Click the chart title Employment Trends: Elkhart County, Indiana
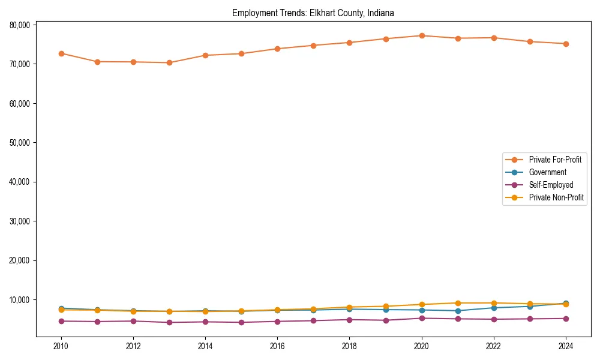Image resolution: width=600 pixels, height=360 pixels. click(313, 13)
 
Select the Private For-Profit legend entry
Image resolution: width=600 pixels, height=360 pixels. click(551, 160)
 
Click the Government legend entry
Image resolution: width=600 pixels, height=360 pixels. click(547, 172)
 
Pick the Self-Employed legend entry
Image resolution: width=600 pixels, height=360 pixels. click(551, 185)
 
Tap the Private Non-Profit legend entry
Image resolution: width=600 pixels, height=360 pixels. click(556, 197)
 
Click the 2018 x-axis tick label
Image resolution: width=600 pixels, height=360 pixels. click(349, 346)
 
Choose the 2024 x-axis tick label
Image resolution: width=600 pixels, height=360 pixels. click(566, 346)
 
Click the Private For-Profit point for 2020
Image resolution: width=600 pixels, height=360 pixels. click(422, 36)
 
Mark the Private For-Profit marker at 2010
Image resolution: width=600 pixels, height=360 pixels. click(61, 53)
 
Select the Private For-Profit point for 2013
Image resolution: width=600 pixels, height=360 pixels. click(169, 62)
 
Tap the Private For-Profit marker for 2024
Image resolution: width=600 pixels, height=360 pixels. click(566, 44)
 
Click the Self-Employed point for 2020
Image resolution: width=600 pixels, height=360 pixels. click(422, 318)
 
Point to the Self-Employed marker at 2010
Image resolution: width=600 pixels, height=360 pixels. click(61, 321)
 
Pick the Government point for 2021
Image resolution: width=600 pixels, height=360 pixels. click(458, 311)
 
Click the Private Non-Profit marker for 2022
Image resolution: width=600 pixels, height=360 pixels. click(494, 303)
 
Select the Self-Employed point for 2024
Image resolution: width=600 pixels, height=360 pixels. click(566, 319)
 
